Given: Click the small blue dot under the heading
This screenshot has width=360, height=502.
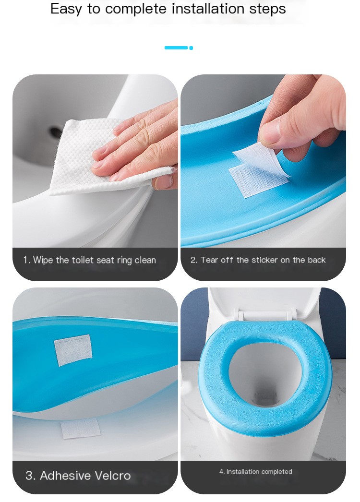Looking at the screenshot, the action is tap(191, 48).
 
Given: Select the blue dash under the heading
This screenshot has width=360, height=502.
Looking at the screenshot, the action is tap(176, 48).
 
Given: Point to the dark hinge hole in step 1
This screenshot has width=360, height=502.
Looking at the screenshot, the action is tap(56, 131).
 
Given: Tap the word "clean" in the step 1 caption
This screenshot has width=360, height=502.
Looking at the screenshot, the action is tap(145, 260).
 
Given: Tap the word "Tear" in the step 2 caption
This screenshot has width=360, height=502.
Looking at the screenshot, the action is tap(209, 260).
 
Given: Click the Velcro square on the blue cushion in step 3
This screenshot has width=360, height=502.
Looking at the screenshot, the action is tap(73, 350).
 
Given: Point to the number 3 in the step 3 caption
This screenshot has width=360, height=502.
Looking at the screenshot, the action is tap(30, 476).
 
